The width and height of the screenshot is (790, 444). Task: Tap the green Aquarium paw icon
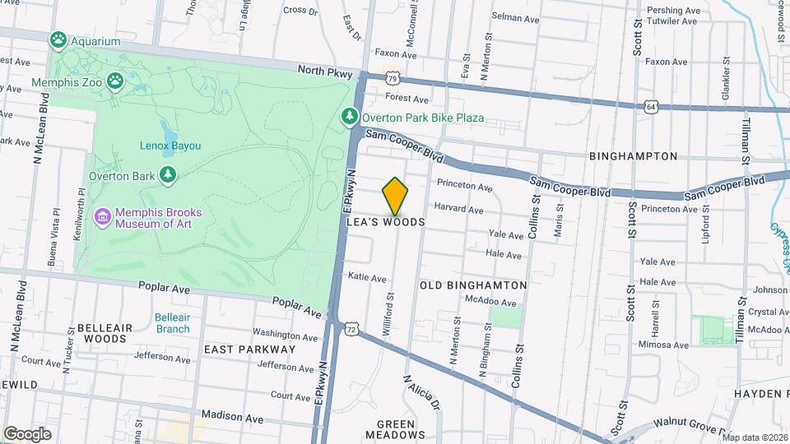(x=58, y=40)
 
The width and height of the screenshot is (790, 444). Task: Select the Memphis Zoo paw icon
(x=117, y=82)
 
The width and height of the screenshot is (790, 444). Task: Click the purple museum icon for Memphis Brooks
(x=102, y=216)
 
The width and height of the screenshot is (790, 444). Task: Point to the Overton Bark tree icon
(x=168, y=174)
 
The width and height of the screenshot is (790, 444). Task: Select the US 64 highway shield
(x=652, y=107)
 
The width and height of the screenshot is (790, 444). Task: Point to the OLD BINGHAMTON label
(x=473, y=284)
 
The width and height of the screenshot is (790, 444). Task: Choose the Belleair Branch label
(x=171, y=323)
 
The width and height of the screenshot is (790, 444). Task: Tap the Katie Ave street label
(x=367, y=278)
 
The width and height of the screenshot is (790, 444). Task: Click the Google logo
(x=27, y=433)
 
